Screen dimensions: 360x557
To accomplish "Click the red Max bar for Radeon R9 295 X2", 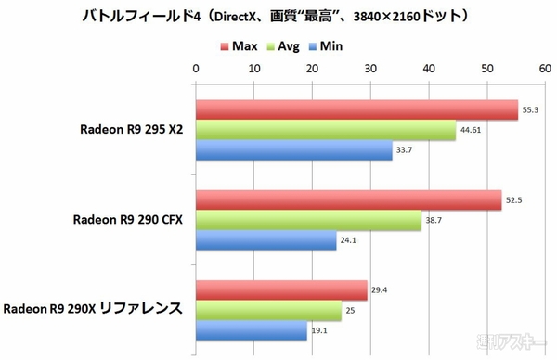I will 356,110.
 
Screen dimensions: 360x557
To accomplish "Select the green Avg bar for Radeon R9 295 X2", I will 325,131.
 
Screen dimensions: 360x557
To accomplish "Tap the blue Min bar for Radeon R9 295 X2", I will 293,152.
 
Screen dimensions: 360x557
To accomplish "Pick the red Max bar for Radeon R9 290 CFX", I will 348,200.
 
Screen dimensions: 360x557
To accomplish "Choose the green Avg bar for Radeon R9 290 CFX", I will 308,221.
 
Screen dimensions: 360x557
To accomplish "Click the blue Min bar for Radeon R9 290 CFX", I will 266,242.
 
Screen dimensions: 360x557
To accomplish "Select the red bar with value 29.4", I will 281,289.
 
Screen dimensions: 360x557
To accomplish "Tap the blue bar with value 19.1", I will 251,330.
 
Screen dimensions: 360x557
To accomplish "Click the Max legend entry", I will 240,45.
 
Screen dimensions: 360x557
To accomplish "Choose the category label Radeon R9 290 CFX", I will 128,220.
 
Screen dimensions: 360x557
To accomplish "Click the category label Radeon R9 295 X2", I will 131,131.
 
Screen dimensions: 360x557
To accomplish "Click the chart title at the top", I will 278,16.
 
